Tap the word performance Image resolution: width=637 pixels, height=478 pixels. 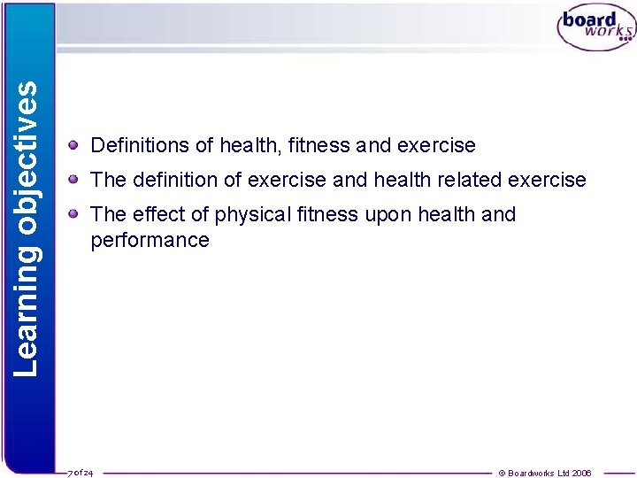pos(150,241)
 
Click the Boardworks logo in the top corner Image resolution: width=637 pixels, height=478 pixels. pos(595,28)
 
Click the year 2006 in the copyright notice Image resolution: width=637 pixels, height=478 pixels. pos(582,473)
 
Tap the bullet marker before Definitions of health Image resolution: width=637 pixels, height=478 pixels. pos(77,143)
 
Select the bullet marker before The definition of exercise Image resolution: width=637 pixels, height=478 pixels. pos(77,179)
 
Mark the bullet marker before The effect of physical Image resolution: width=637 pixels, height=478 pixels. pos(77,213)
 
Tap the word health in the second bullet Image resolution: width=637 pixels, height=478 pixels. pos(403,180)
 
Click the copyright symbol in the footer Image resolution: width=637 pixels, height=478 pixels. pos(503,473)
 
